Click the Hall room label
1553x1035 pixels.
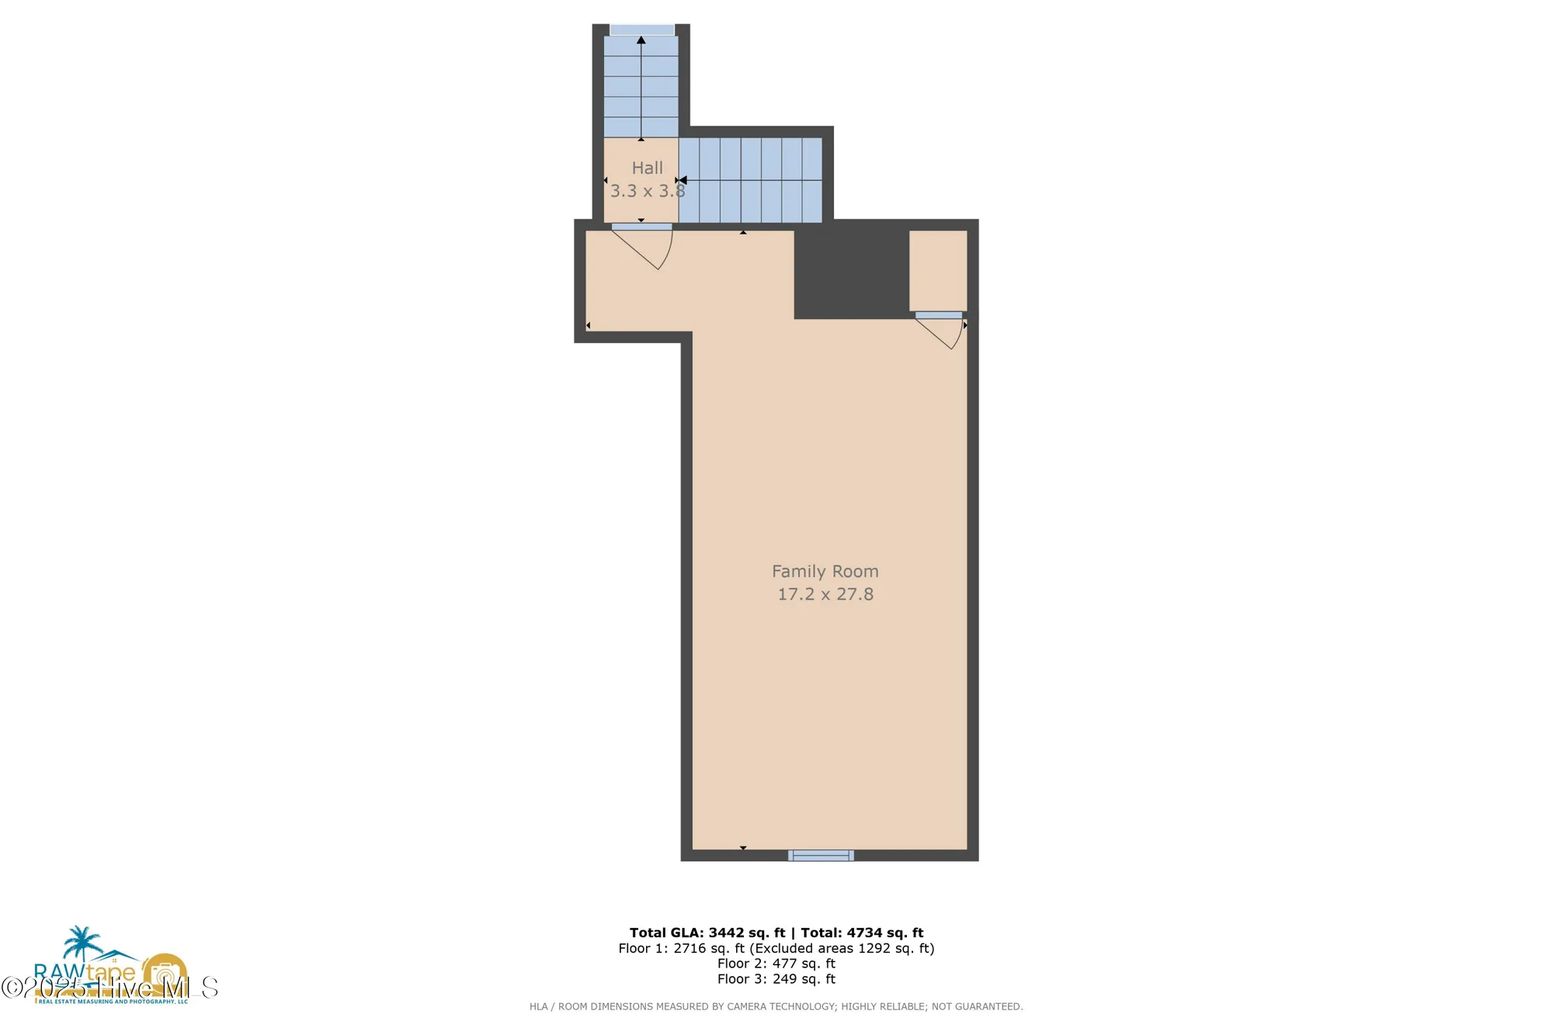pyautogui.click(x=647, y=168)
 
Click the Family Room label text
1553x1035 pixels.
pyautogui.click(x=825, y=571)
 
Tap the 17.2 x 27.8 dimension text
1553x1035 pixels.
pyautogui.click(x=825, y=595)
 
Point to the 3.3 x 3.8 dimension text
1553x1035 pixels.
pyautogui.click(x=647, y=191)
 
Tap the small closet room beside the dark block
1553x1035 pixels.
pyautogui.click(x=938, y=270)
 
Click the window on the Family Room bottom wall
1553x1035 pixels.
pyautogui.click(x=821, y=855)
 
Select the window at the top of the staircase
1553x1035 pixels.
pyautogui.click(x=641, y=30)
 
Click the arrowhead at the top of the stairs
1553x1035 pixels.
pyautogui.click(x=641, y=40)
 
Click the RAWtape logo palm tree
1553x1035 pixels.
pyautogui.click(x=82, y=943)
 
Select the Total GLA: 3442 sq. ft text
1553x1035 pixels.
pyautogui.click(x=707, y=933)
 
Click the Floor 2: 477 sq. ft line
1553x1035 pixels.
pyautogui.click(x=776, y=964)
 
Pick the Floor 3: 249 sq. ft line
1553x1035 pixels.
pyautogui.click(x=776, y=979)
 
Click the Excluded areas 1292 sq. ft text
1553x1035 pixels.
pyautogui.click(x=842, y=948)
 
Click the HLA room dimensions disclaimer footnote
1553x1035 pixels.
pyautogui.click(x=776, y=1006)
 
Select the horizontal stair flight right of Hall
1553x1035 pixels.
pyautogui.click(x=750, y=180)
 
